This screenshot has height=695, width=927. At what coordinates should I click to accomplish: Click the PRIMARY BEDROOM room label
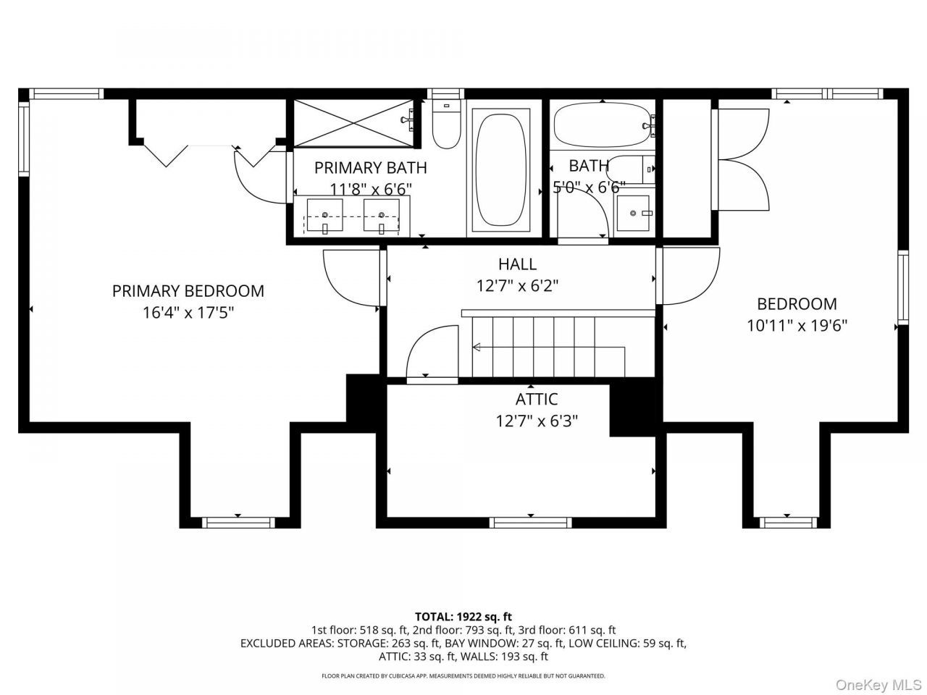pyautogui.click(x=188, y=291)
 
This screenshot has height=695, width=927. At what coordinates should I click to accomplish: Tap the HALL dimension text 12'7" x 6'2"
pyautogui.click(x=517, y=286)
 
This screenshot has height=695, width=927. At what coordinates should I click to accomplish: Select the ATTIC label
pyautogui.click(x=537, y=399)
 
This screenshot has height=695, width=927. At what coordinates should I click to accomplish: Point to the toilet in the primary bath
pyautogui.click(x=446, y=124)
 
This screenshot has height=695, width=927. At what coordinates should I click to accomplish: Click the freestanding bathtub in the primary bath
pyautogui.click(x=501, y=170)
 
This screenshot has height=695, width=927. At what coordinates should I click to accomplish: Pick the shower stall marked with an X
pyautogui.click(x=354, y=124)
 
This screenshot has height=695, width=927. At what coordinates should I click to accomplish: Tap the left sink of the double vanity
pyautogui.click(x=324, y=215)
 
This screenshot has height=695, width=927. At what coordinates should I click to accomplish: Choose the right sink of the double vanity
pyautogui.click(x=382, y=215)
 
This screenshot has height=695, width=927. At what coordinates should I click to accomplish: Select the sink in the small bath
pyautogui.click(x=633, y=213)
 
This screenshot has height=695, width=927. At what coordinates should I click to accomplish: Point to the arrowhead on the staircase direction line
pyautogui.click(x=477, y=347)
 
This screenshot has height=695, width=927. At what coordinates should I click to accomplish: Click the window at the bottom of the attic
pyautogui.click(x=530, y=523)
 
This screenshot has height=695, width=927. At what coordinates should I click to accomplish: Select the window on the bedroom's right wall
pyautogui.click(x=902, y=287)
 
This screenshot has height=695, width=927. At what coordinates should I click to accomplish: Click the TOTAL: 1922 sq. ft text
pyautogui.click(x=463, y=617)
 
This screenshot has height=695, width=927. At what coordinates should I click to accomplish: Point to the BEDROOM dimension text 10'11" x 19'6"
pyautogui.click(x=797, y=326)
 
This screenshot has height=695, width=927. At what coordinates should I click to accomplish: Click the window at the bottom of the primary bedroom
pyautogui.click(x=238, y=523)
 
